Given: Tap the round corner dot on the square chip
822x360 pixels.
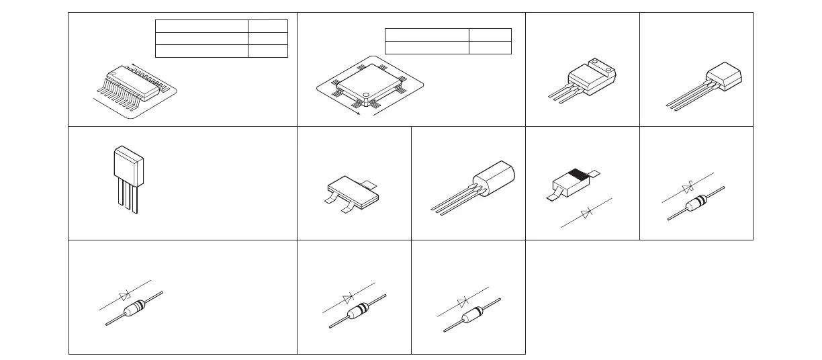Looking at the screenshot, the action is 367,94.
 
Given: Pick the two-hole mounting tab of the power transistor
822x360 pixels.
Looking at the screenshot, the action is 603,69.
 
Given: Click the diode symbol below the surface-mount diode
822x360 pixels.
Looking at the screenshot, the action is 586,214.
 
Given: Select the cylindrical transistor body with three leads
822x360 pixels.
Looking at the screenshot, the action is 494,178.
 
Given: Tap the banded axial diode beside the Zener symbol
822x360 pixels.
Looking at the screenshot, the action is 696,201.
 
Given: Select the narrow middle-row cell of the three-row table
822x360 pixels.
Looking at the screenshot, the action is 267,38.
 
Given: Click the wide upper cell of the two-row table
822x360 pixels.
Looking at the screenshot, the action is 426,35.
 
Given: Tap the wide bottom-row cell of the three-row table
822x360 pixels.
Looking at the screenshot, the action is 201,51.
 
